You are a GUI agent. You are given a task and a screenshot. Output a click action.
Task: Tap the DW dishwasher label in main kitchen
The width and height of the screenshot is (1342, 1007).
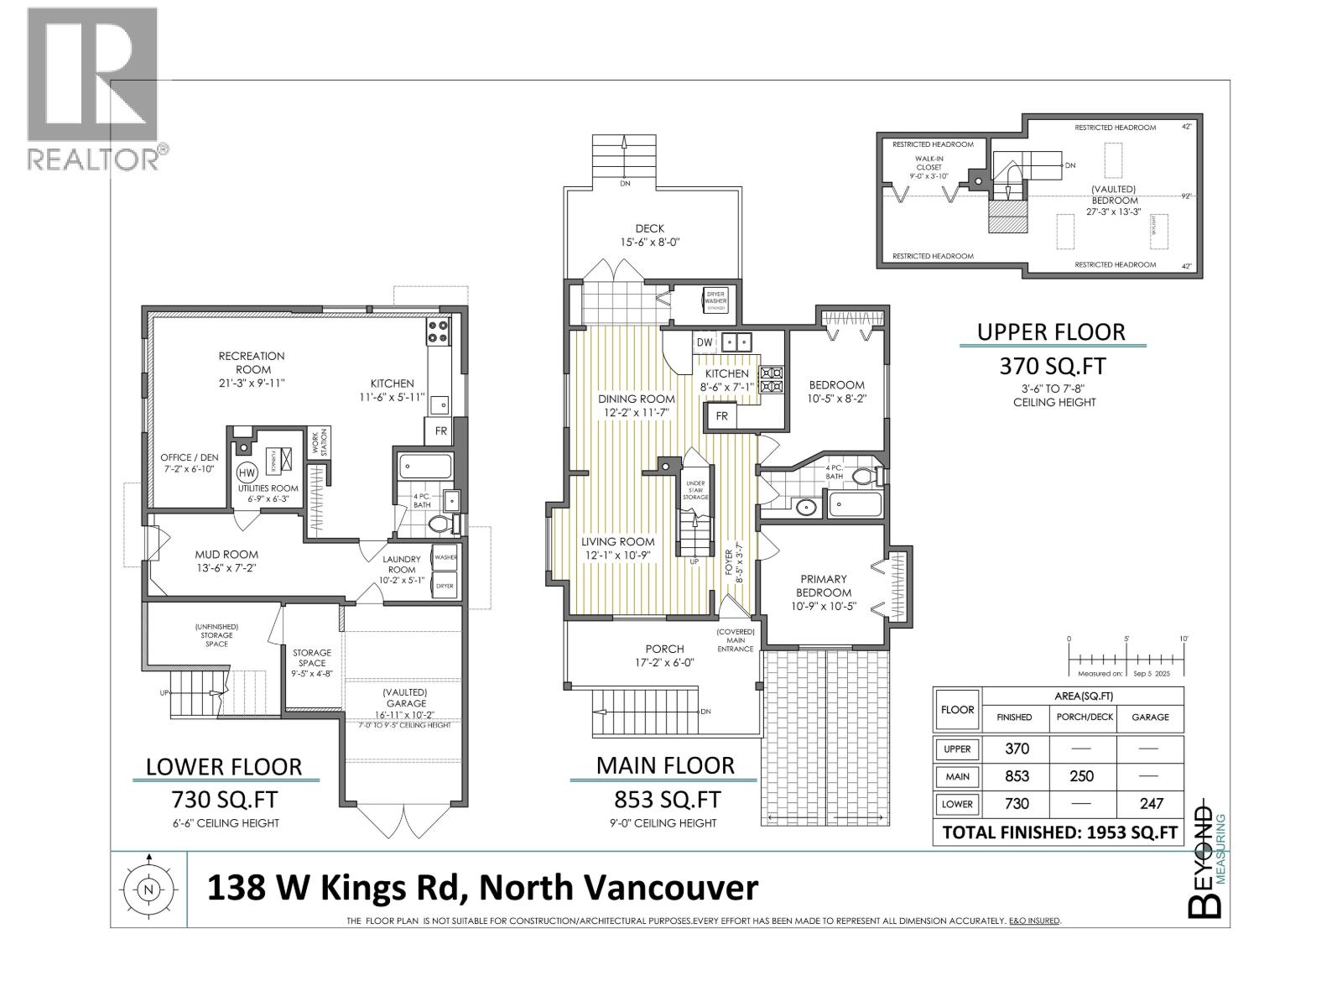click(705, 342)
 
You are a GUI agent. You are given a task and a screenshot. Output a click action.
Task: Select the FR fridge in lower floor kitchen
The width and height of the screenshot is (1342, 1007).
click(440, 431)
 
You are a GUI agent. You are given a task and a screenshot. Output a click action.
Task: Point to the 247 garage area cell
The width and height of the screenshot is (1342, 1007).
click(1152, 803)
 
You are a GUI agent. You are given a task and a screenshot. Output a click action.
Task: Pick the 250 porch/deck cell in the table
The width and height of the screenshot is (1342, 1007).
click(1081, 776)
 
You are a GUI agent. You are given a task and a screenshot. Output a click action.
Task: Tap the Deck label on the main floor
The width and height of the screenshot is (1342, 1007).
click(649, 235)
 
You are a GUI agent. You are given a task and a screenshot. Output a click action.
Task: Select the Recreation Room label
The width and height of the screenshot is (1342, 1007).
click(252, 363)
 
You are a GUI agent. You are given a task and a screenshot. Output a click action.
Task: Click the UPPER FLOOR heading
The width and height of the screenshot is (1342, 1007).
click(1051, 331)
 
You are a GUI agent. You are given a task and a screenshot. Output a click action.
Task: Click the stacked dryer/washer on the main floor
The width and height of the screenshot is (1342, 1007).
click(715, 300)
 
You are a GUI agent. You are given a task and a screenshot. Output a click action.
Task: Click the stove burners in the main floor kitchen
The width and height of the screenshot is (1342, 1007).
click(770, 379)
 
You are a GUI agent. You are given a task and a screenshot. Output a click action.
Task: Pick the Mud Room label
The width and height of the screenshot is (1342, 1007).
click(226, 561)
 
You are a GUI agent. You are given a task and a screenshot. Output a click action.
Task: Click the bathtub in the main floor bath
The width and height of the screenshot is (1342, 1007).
click(855, 505)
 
